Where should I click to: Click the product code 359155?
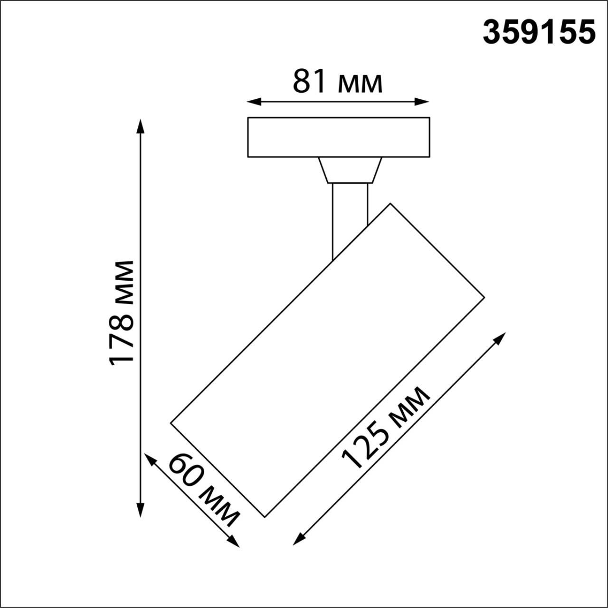coord(539,33)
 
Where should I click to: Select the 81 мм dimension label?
coord(337,82)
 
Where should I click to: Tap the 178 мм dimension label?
coord(122,313)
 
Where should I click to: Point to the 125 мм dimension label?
coord(386,427)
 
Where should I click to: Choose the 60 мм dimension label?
coord(204,490)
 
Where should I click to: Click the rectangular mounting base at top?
coord(338,137)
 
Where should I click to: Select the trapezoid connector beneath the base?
coord(350,170)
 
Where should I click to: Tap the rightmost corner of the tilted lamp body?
coord(484,298)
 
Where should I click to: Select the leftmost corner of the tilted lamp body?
coord(171,422)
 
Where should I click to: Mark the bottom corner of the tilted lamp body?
coord(265,516)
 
